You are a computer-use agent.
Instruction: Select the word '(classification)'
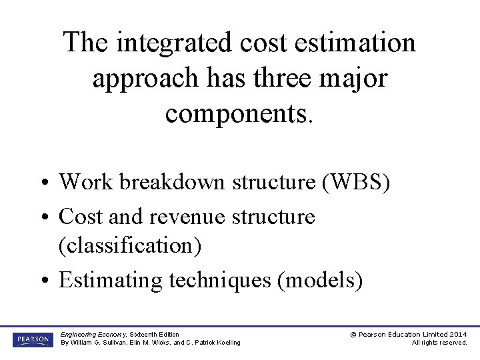130,245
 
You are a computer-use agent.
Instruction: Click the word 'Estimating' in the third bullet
110,280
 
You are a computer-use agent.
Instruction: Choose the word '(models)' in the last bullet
323,280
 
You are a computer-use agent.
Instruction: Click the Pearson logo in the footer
31,339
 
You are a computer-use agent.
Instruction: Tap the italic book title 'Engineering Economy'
93,334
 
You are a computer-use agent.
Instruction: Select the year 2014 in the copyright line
458,334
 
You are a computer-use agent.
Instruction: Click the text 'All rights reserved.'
439,343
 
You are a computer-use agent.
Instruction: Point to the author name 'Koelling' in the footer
227,343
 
